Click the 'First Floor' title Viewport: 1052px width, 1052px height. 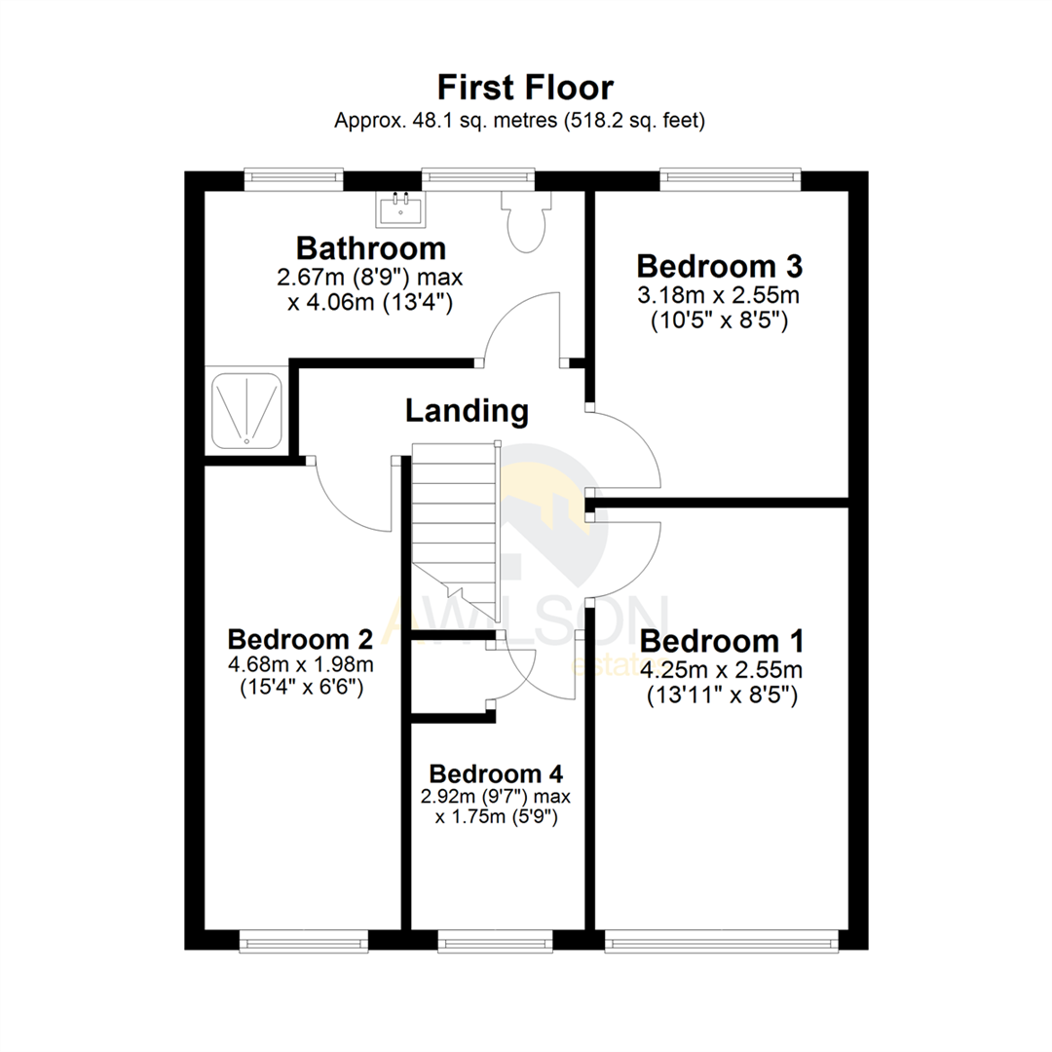click(x=525, y=87)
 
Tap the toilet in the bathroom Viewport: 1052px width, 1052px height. click(x=527, y=222)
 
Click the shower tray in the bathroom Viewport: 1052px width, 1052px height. click(x=247, y=409)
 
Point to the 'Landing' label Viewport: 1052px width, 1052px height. click(x=467, y=411)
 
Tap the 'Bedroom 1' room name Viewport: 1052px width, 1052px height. click(x=722, y=642)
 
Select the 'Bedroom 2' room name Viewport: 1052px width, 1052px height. click(x=300, y=639)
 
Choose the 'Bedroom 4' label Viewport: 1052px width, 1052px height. click(x=496, y=773)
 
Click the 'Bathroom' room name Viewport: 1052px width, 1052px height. click(x=371, y=247)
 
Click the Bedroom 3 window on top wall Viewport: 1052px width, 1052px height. click(x=730, y=177)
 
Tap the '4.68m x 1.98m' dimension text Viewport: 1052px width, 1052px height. click(x=300, y=664)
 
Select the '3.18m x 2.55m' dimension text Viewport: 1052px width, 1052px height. click(x=719, y=295)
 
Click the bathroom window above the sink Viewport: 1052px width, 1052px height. click(x=478, y=177)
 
